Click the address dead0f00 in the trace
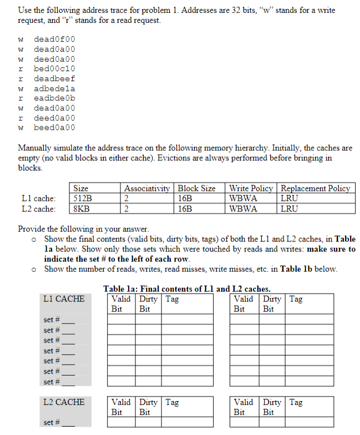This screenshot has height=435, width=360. (54, 39)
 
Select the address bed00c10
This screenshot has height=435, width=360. (54, 69)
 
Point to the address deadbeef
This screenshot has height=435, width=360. (54, 79)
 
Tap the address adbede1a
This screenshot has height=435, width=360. (54, 89)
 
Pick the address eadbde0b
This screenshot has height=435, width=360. (54, 98)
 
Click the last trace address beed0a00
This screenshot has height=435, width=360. (54, 128)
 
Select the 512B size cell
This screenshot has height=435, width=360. (83, 198)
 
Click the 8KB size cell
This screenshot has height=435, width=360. (82, 209)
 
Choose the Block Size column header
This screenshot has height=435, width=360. (196, 188)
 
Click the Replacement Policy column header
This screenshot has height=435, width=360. (316, 188)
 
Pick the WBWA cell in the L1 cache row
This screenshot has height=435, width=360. (243, 198)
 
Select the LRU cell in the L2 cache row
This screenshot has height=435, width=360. (290, 209)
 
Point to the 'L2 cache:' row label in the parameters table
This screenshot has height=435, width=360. (38, 209)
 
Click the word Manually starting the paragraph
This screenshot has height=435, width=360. (37, 149)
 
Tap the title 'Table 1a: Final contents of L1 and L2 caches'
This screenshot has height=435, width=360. (187, 289)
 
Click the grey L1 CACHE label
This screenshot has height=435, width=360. (64, 299)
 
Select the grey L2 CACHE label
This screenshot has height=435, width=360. (64, 402)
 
